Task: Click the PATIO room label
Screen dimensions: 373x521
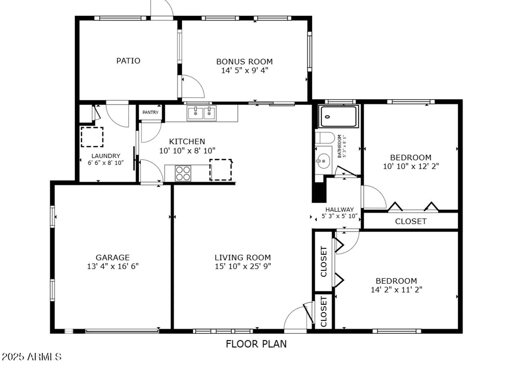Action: pyautogui.click(x=128, y=61)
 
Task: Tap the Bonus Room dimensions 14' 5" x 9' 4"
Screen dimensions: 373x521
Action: pyautogui.click(x=244, y=70)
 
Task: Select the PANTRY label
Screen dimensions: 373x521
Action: pyautogui.click(x=150, y=112)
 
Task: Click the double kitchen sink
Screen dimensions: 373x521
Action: pyautogui.click(x=201, y=113)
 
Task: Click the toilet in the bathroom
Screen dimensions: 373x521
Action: pyautogui.click(x=325, y=138)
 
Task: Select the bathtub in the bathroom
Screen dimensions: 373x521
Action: pyautogui.click(x=338, y=116)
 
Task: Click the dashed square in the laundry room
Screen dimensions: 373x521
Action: pyautogui.click(x=92, y=137)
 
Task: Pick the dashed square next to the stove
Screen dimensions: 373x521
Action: pyautogui.click(x=221, y=170)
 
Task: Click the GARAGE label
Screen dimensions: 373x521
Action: pyautogui.click(x=113, y=257)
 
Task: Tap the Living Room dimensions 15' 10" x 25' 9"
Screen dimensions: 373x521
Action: pyautogui.click(x=243, y=266)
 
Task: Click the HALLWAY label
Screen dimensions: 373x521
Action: pyautogui.click(x=339, y=209)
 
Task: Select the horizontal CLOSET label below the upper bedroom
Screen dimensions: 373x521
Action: pyautogui.click(x=411, y=221)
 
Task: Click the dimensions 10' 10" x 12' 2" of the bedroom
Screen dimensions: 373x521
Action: pyautogui.click(x=411, y=166)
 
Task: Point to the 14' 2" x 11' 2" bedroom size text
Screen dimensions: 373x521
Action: pyautogui.click(x=396, y=290)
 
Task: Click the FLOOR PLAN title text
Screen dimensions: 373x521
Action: pyautogui.click(x=256, y=344)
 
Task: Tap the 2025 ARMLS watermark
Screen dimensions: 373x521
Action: pyautogui.click(x=32, y=357)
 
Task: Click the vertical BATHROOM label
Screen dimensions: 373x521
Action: pyautogui.click(x=339, y=146)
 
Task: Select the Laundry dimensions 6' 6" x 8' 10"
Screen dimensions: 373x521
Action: pyautogui.click(x=106, y=163)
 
